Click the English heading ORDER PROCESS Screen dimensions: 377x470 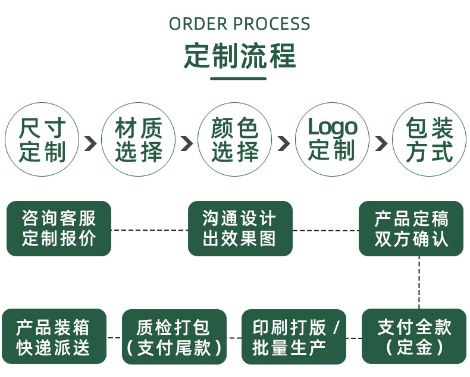pyautogui.click(x=239, y=24)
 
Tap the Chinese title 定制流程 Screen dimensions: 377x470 pyautogui.click(x=239, y=56)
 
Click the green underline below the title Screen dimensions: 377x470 pyautogui.click(x=239, y=78)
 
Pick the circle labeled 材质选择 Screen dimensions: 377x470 pyautogui.click(x=139, y=140)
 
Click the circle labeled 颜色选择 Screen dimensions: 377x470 pyautogui.click(x=236, y=140)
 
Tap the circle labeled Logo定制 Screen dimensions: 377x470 pyautogui.click(x=333, y=140)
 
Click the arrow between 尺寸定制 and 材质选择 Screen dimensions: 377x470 pyautogui.click(x=90, y=143)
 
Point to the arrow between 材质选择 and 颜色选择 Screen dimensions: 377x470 pyautogui.click(x=187, y=143)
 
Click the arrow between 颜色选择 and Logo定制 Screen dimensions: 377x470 pyautogui.click(x=284, y=143)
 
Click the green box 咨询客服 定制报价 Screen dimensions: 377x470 pyautogui.click(x=59, y=229)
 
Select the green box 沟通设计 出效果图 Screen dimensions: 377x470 pyautogui.click(x=240, y=229)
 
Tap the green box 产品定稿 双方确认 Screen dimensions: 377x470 pyautogui.click(x=411, y=229)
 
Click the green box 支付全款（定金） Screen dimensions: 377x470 pyautogui.click(x=415, y=337)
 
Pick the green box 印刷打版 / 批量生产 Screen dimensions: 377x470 pyautogui.click(x=294, y=337)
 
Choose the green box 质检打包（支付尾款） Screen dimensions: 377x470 pyautogui.click(x=174, y=337)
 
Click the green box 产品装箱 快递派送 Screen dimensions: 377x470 pyautogui.click(x=54, y=337)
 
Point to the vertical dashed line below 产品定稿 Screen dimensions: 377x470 pyautogui.click(x=419, y=282)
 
